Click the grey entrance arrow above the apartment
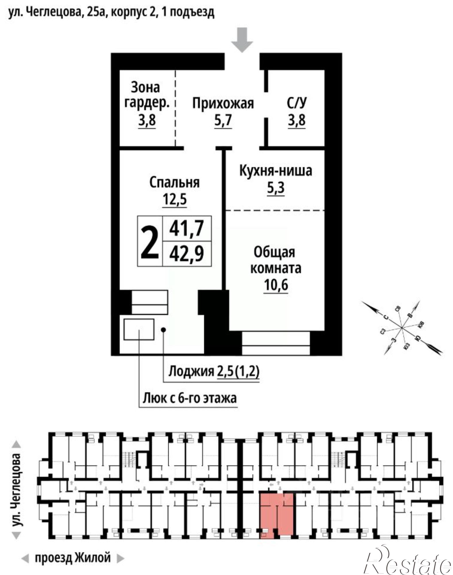coord(242,40)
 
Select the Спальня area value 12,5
coord(175,199)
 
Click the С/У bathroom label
coord(297,103)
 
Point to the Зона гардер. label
coord(146,95)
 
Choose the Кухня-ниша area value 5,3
coord(276,188)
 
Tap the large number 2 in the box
coord(150,241)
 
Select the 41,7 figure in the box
coord(187,228)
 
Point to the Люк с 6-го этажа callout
coord(190,398)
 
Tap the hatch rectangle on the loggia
coord(139,329)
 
